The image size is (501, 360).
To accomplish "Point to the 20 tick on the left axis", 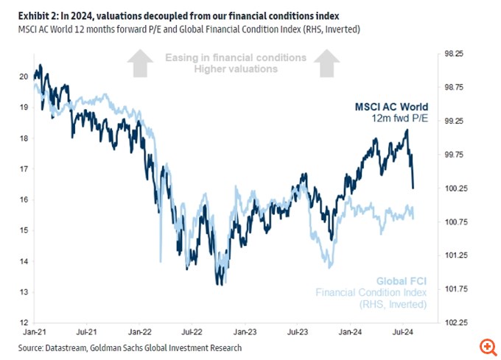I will [x=24, y=76].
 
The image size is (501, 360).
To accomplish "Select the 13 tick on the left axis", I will [x=24, y=292].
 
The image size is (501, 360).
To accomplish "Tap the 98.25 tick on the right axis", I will [x=452, y=54].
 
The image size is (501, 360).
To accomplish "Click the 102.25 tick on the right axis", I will [x=452, y=322].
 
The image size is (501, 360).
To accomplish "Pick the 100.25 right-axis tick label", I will [x=452, y=188].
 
